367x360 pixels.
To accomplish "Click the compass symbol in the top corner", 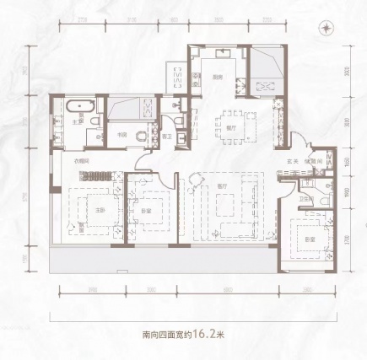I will [x=325, y=27].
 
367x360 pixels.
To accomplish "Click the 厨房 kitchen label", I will [x=217, y=79].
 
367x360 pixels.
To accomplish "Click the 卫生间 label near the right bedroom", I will [x=305, y=201].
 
